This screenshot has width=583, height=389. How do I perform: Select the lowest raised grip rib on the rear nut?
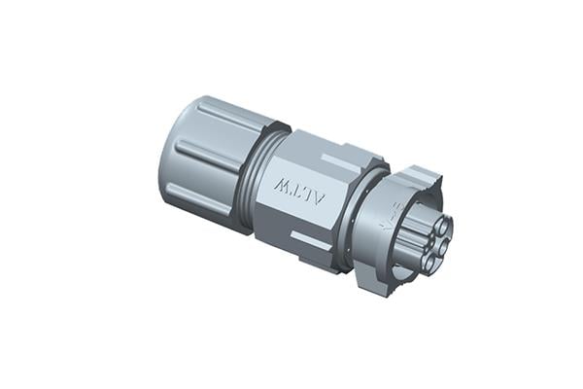200,200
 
